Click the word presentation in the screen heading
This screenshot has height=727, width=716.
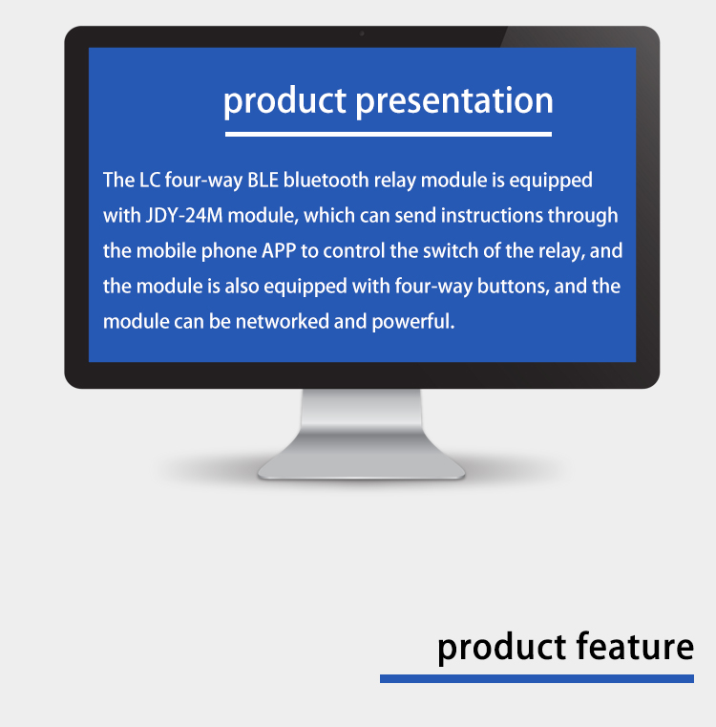[454, 102]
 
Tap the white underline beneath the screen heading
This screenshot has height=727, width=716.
[389, 134]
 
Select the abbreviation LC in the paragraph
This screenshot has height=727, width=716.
[150, 181]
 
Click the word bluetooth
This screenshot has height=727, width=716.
[326, 181]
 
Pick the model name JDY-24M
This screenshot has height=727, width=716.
[184, 216]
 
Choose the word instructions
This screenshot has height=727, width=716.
[492, 216]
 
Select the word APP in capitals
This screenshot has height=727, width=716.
[279, 251]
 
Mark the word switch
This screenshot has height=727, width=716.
[451, 251]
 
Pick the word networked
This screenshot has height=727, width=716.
[283, 321]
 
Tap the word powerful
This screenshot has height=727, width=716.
[413, 322]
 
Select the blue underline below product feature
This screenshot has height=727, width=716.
[537, 679]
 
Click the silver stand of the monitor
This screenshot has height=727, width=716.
[362, 435]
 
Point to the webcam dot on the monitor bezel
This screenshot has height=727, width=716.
[362, 33]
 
